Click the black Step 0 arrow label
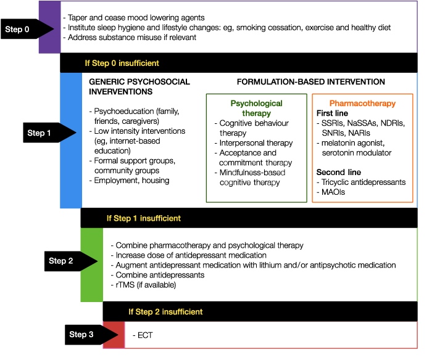click(27, 29)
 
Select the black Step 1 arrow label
click(49, 133)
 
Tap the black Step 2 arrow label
click(71, 261)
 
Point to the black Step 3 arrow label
click(91, 334)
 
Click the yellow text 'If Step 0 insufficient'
click(122, 63)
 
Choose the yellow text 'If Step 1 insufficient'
click(144, 218)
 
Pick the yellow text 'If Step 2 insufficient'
click(165, 311)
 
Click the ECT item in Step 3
click(143, 335)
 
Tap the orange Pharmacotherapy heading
click(362, 104)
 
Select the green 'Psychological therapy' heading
click(257, 108)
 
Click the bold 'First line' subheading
click(332, 113)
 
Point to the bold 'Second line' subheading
click(339, 172)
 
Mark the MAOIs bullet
click(331, 192)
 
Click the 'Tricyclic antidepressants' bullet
click(361, 182)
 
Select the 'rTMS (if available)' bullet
click(143, 285)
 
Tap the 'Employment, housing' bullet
click(129, 181)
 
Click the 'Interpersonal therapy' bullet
click(254, 143)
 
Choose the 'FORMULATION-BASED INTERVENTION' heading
click(311, 82)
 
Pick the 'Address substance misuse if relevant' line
click(130, 38)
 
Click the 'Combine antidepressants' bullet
click(157, 275)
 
